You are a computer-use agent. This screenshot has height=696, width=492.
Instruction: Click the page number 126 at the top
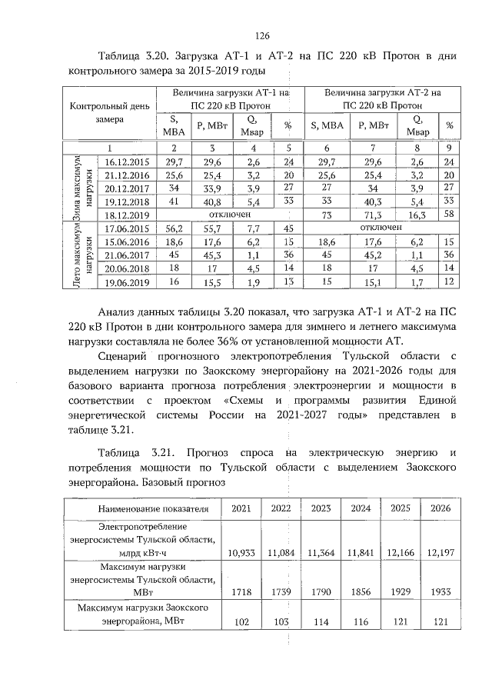point(261,35)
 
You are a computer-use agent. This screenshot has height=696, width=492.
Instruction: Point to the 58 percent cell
point(449,215)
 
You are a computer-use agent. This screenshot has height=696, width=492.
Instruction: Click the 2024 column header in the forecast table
point(360,508)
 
